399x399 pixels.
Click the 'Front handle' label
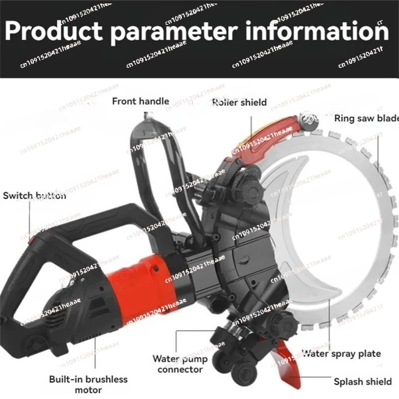click(140, 101)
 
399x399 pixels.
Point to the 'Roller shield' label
click(239, 103)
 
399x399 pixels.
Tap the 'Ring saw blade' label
click(366, 118)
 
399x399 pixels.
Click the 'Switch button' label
click(34, 196)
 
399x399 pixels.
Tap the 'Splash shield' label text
click(363, 382)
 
